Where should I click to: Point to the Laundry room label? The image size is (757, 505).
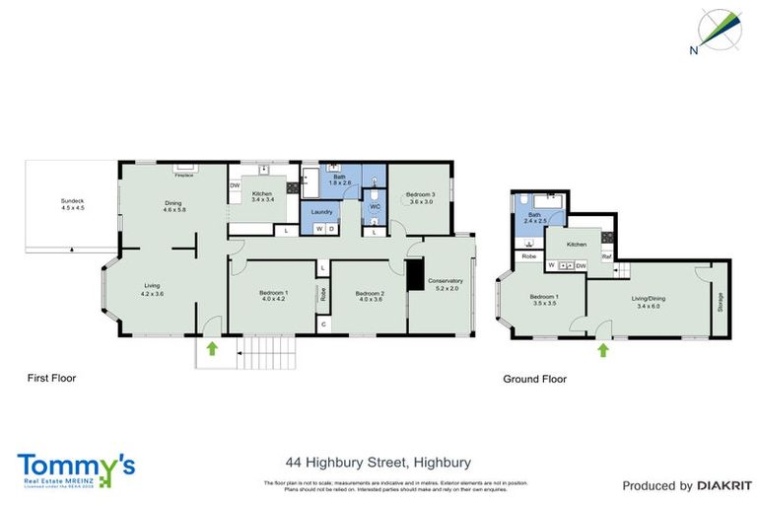(x=321, y=212)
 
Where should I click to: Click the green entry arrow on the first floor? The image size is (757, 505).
(x=211, y=346)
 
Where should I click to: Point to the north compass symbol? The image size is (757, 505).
(x=721, y=30)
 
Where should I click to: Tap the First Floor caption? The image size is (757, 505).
(x=51, y=378)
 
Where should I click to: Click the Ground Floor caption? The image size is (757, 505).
(x=534, y=378)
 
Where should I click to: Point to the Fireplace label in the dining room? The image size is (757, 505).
(x=183, y=176)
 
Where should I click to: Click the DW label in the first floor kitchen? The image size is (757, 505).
(x=236, y=185)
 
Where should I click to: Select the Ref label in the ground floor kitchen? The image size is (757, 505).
(x=607, y=257)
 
